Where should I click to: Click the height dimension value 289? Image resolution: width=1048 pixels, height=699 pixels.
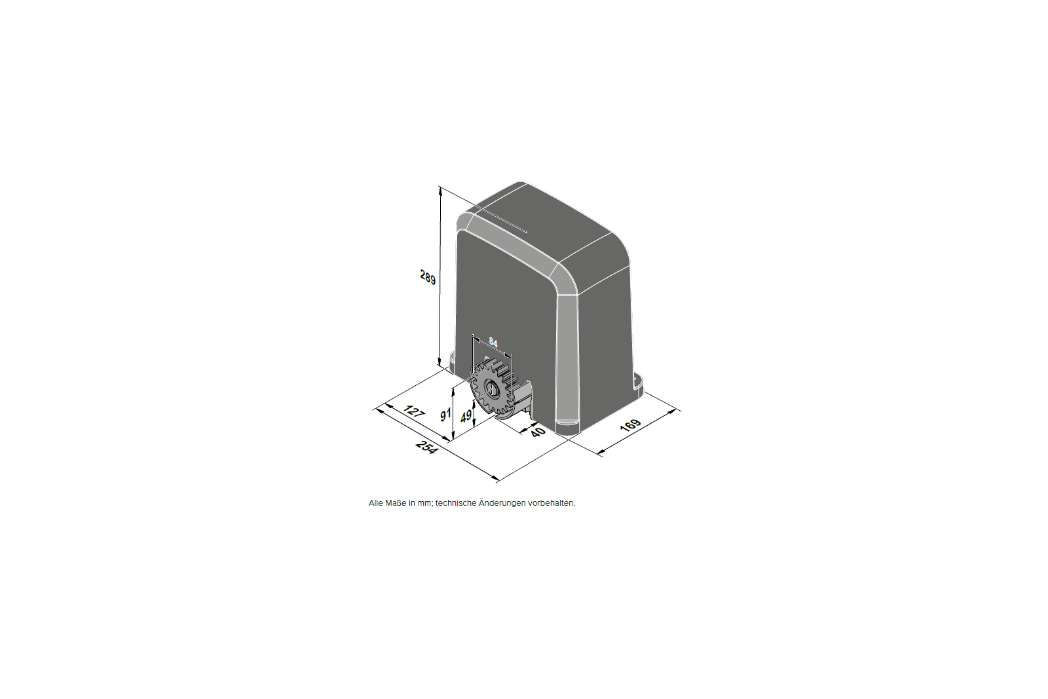[x=428, y=277]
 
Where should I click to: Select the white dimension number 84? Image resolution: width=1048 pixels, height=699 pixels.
[x=493, y=342]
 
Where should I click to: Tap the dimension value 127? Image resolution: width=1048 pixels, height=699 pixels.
[x=413, y=411]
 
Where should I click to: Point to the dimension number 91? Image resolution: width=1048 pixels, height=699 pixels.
[x=445, y=415]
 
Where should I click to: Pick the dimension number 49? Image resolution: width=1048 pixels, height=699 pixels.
[x=466, y=416]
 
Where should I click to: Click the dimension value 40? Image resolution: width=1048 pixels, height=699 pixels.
[x=538, y=432]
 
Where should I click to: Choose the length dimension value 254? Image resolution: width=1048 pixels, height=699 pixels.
[x=426, y=447]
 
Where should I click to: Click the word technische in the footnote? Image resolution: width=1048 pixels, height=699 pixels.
[x=456, y=503]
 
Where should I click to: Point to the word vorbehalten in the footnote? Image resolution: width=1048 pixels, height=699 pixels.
[x=551, y=503]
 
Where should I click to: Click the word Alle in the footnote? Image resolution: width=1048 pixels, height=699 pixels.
[x=377, y=503]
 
